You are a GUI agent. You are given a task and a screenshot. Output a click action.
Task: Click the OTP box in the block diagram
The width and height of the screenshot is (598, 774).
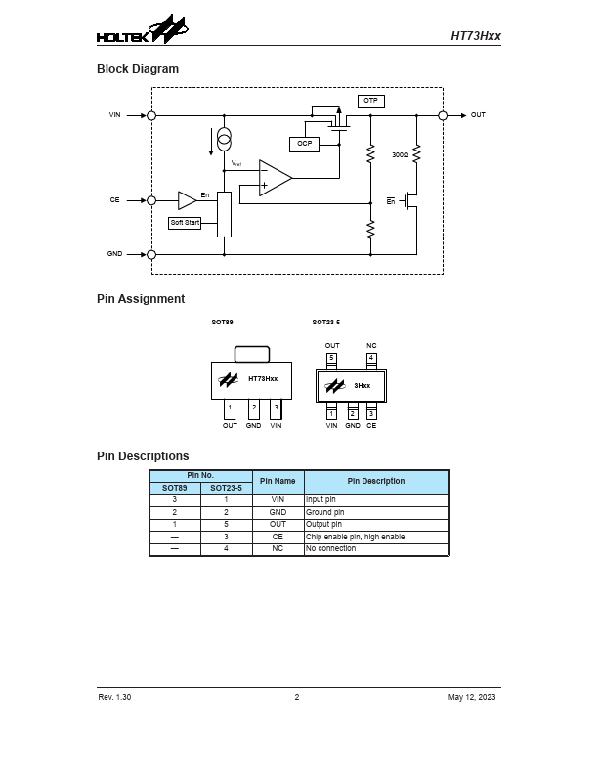pyautogui.click(x=369, y=101)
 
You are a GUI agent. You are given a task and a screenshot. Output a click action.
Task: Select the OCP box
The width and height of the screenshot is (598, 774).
pyautogui.click(x=304, y=144)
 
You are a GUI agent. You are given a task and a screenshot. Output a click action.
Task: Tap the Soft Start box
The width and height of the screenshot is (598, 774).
pyautogui.click(x=186, y=223)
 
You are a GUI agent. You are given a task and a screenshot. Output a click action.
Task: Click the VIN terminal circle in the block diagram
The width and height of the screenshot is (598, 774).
pyautogui.click(x=151, y=115)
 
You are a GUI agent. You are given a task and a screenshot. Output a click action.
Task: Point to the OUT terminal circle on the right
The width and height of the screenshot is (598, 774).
pyautogui.click(x=443, y=115)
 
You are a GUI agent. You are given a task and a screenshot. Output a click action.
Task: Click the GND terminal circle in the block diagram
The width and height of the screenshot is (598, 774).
pyautogui.click(x=151, y=254)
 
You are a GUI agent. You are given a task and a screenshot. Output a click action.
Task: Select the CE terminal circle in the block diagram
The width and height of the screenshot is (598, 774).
pyautogui.click(x=151, y=200)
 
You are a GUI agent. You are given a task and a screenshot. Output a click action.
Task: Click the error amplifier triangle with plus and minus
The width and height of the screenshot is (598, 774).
pyautogui.click(x=275, y=177)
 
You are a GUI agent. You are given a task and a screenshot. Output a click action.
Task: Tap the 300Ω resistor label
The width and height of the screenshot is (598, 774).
pyautogui.click(x=400, y=154)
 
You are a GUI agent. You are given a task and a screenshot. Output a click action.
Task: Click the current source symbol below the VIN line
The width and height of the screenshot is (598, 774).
pyautogui.click(x=224, y=135)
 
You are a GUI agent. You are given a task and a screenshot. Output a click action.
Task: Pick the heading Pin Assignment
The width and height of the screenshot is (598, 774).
pyautogui.click(x=141, y=299)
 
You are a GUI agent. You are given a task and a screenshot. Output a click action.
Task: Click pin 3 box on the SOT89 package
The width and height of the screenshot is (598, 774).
pyautogui.click(x=276, y=407)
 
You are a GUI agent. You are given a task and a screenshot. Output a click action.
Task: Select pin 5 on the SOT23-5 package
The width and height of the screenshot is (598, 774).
pyautogui.click(x=331, y=358)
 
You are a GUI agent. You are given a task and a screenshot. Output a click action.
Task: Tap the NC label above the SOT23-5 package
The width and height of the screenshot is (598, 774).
pyautogui.click(x=371, y=345)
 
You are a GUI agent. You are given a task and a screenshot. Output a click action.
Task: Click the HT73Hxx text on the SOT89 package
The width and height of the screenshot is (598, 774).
pyautogui.click(x=263, y=378)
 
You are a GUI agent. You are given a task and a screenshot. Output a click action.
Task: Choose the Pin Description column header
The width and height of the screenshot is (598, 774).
pyautogui.click(x=376, y=481)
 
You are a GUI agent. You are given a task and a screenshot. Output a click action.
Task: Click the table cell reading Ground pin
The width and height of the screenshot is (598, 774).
pyautogui.click(x=325, y=512)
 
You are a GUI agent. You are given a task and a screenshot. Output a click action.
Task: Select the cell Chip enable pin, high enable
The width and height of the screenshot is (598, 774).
pyautogui.click(x=355, y=537)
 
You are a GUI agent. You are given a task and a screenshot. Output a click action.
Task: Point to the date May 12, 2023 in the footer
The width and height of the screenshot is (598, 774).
pyautogui.click(x=472, y=697)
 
